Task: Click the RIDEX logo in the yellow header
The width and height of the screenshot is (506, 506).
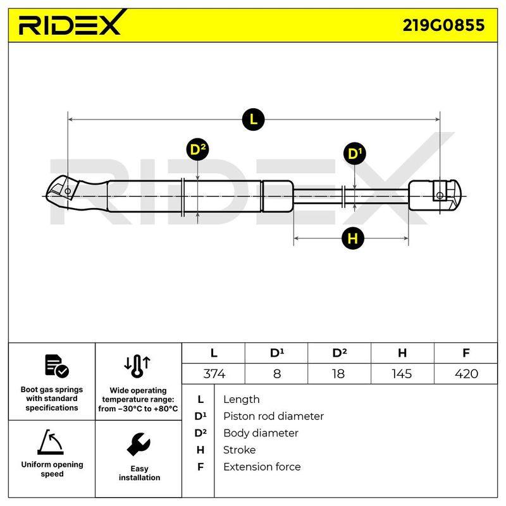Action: pyautogui.click(x=70, y=23)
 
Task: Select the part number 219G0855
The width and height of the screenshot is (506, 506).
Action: pyautogui.click(x=443, y=25)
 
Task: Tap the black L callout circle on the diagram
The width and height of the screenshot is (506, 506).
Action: pyautogui.click(x=254, y=120)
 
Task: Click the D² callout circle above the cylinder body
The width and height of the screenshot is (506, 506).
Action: pyautogui.click(x=197, y=150)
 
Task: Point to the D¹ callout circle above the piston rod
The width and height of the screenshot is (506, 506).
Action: pyautogui.click(x=355, y=153)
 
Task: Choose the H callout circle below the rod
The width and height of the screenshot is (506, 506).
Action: pyautogui.click(x=353, y=238)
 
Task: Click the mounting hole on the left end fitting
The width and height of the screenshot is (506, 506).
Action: pyautogui.click(x=68, y=191)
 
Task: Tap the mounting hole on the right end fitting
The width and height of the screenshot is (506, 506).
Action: pyautogui.click(x=440, y=195)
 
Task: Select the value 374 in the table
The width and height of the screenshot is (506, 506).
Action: pyautogui.click(x=214, y=374)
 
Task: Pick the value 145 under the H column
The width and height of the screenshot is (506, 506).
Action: pyautogui.click(x=402, y=374)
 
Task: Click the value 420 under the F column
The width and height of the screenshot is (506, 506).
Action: pyautogui.click(x=466, y=374)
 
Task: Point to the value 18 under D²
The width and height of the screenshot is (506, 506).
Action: pyautogui.click(x=338, y=374)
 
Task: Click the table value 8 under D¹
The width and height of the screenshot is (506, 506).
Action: pyautogui.click(x=277, y=374)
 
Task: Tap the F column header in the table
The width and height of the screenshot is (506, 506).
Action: pyautogui.click(x=466, y=353)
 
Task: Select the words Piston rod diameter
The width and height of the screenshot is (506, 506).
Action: pyautogui.click(x=273, y=416)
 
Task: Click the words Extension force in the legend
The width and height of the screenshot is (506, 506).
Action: pyautogui.click(x=262, y=467)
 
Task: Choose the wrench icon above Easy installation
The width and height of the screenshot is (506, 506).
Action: pyautogui.click(x=139, y=445)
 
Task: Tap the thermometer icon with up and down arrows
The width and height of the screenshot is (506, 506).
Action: pyautogui.click(x=137, y=366)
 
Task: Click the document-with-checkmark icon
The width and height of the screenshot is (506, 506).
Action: pyautogui.click(x=56, y=366)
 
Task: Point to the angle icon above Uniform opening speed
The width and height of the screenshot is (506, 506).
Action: pyautogui.click(x=51, y=442)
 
